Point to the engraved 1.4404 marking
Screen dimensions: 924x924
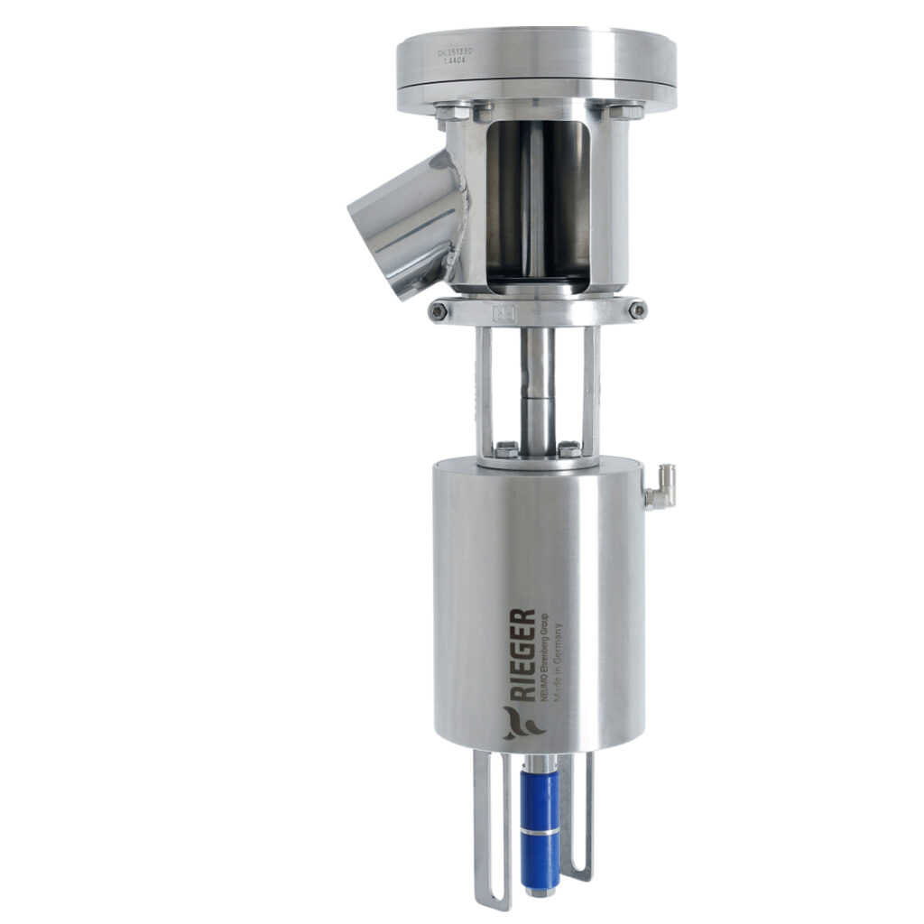pos(467,62)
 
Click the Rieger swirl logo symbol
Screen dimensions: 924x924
pos(519,723)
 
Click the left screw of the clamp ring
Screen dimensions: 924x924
pos(439,311)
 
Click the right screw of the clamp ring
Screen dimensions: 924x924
pos(638,310)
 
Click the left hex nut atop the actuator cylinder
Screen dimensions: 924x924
pos(506,448)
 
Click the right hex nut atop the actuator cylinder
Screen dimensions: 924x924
pos(569,448)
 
